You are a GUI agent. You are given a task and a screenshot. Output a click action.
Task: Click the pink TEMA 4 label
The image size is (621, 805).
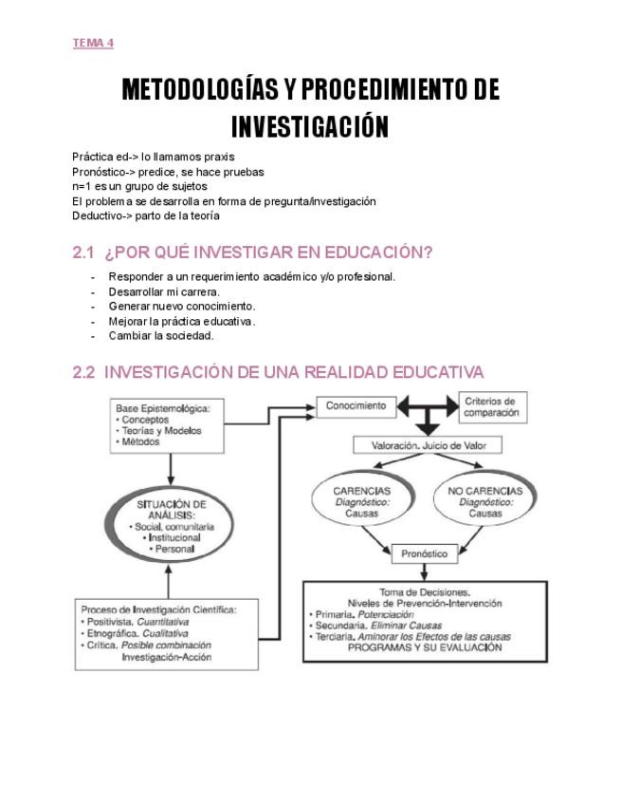pos(93,43)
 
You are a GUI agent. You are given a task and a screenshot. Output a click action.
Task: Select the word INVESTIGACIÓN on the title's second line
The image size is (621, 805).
pos(310,126)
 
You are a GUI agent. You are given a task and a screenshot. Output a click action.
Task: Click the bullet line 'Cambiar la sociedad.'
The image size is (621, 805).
pos(161,336)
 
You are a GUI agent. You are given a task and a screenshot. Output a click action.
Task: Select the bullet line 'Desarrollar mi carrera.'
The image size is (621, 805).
pos(164,291)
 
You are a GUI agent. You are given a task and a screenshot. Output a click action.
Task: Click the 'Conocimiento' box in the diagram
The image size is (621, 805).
pos(356,406)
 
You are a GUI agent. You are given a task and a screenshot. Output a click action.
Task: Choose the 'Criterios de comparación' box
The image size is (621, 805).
pos(491,407)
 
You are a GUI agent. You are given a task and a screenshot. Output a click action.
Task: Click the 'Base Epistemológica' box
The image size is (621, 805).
pos(170,423)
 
